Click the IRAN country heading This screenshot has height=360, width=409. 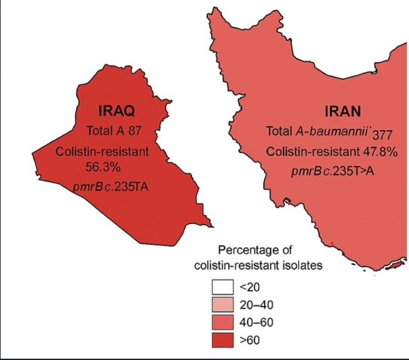coord(342,112)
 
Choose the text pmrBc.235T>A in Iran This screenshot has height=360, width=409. coord(333,171)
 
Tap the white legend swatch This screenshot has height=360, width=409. coord(222,287)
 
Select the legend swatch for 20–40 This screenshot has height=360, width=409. coord(222,304)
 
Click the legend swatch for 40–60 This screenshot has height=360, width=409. coord(222,322)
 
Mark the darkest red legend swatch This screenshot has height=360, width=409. coord(222,340)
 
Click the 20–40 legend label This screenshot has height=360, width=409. coord(255,304)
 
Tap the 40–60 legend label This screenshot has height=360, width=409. coord(255,322)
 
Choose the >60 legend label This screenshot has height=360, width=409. coord(250,340)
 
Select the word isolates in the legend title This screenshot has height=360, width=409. coord(305,264)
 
